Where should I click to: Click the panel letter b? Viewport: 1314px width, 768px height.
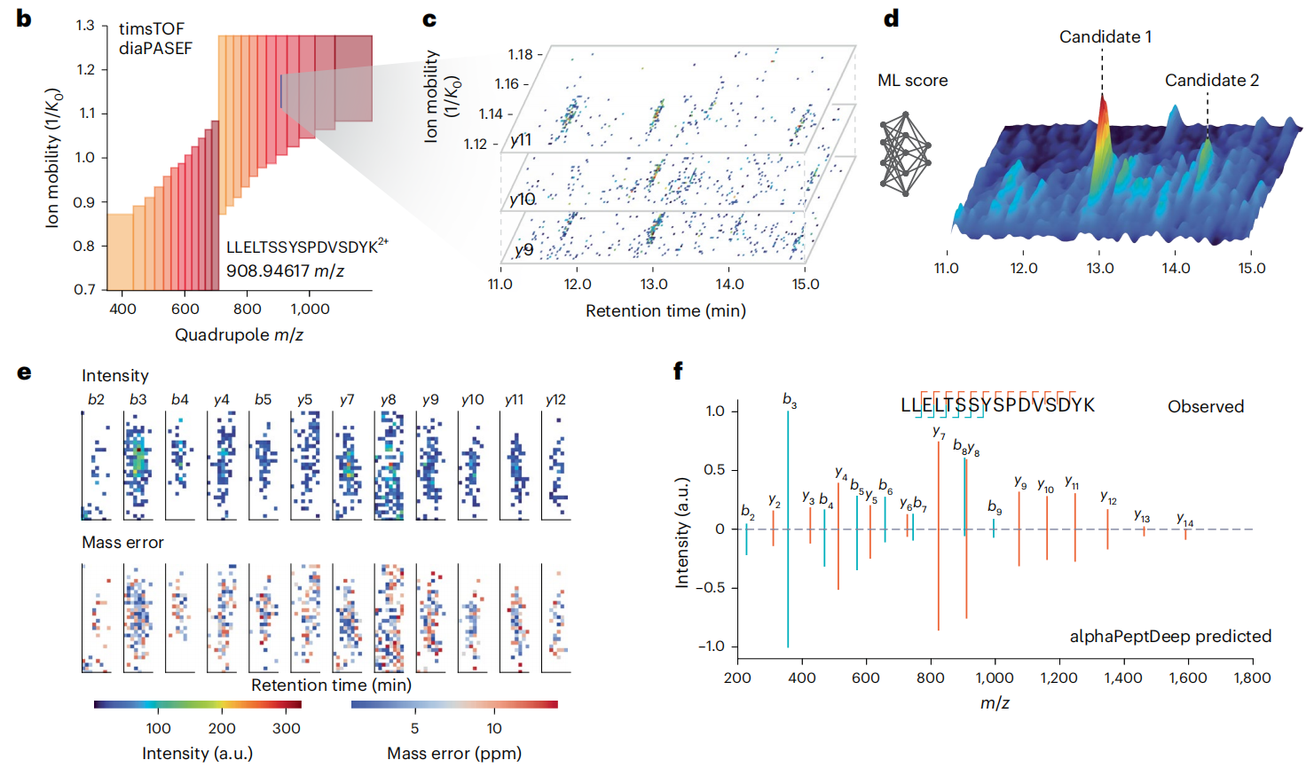24,19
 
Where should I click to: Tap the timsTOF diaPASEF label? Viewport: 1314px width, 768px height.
155,39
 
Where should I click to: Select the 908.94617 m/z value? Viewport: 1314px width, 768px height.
285,270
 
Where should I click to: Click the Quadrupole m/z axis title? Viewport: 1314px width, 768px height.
239,334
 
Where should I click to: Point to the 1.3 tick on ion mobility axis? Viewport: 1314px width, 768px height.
85,26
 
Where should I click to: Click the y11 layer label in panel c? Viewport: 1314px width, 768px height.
521,140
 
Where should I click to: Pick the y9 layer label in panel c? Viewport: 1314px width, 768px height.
523,250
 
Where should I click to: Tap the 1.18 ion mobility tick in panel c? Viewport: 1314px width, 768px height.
520,55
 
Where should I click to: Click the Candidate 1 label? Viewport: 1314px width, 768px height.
1105,36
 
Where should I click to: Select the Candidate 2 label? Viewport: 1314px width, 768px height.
1211,81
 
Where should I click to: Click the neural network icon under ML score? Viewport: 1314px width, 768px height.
905,153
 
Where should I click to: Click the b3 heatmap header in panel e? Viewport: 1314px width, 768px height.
138,400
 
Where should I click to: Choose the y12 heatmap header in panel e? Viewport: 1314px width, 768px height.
555,400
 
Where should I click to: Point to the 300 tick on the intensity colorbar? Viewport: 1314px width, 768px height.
286,728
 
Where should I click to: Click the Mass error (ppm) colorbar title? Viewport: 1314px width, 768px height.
453,753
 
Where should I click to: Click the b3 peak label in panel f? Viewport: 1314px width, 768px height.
789,401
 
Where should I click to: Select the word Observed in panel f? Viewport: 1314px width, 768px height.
1205,407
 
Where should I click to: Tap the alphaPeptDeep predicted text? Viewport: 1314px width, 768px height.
1169,636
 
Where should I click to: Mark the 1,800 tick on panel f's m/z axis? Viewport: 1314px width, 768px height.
1251,678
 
